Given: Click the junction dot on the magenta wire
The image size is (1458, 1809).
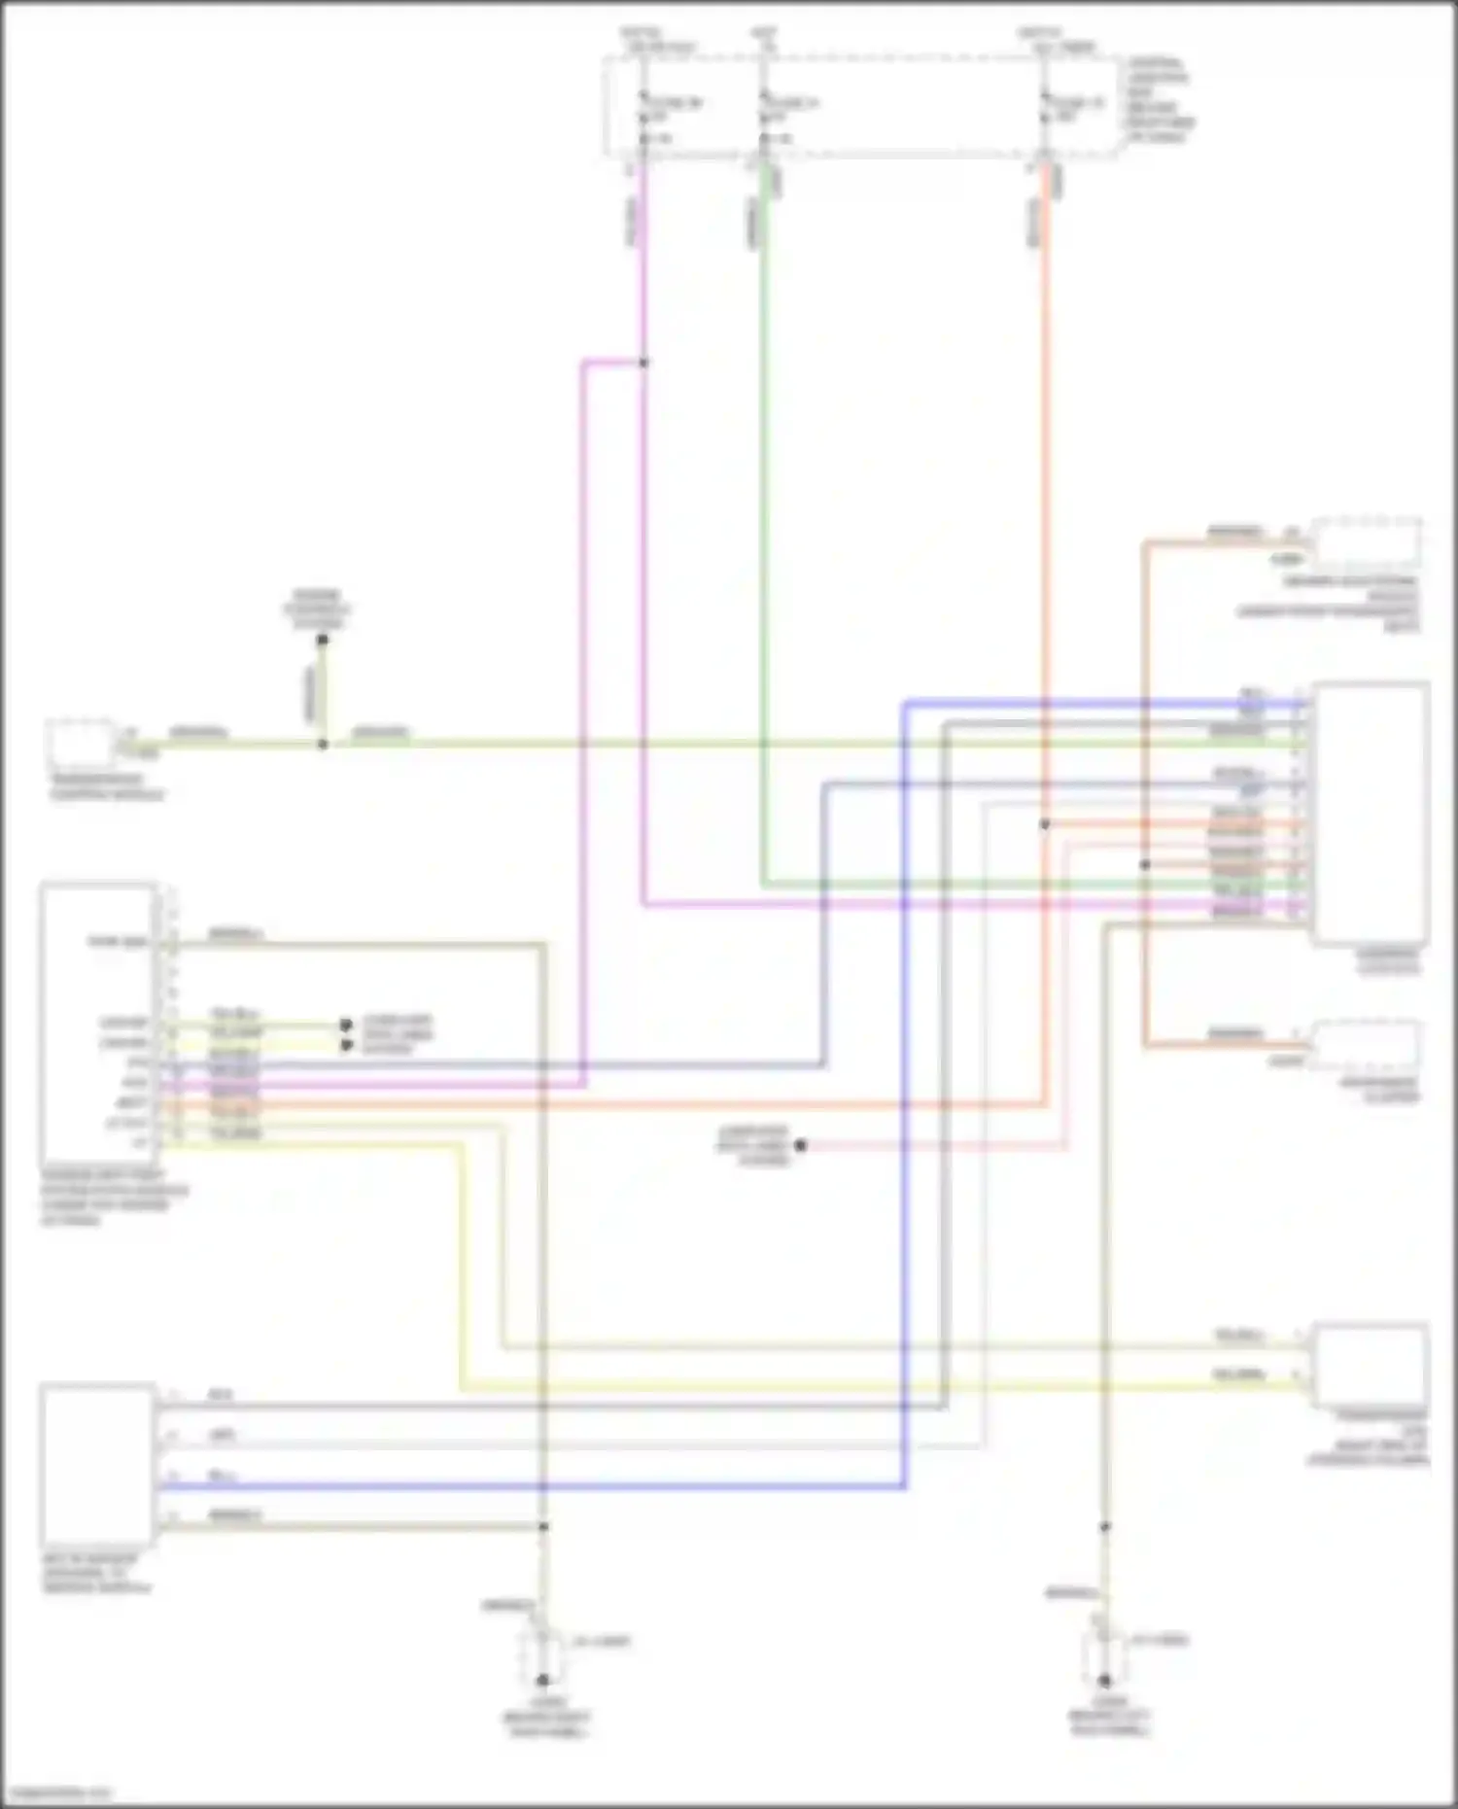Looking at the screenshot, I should [x=643, y=363].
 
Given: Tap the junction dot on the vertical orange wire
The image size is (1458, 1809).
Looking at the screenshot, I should [x=1045, y=824].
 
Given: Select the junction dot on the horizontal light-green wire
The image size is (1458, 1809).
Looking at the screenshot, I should [x=323, y=745].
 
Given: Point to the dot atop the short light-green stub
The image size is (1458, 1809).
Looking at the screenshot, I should [x=323, y=639].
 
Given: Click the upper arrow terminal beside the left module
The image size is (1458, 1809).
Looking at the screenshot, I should [x=345, y=1025].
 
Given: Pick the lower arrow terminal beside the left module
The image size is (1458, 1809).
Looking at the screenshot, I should [x=345, y=1046].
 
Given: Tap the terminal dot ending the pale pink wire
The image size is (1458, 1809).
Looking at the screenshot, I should [x=800, y=1146].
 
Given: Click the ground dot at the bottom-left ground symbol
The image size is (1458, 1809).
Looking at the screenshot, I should [x=543, y=1680].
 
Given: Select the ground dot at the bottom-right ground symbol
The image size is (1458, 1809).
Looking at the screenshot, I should [x=1104, y=1680].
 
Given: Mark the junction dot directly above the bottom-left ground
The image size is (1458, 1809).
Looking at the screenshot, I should [x=543, y=1527].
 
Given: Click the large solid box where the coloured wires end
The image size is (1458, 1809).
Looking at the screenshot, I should [x=1371, y=814].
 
